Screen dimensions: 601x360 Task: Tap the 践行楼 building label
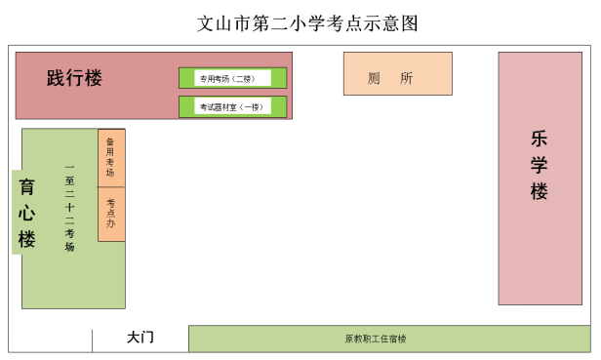(x=74, y=78)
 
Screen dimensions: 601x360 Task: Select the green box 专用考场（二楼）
(x=232, y=78)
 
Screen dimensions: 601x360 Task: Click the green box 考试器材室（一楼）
(x=232, y=106)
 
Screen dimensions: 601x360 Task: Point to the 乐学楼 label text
(x=540, y=165)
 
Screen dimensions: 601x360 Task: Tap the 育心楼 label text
(x=27, y=212)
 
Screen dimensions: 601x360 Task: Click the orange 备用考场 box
(x=111, y=158)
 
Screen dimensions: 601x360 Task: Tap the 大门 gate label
(x=140, y=338)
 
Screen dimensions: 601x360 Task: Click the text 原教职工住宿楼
(x=376, y=340)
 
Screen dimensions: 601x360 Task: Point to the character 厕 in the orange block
(x=375, y=78)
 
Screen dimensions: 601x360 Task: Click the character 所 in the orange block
(x=407, y=78)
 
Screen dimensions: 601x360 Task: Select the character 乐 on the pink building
(x=540, y=139)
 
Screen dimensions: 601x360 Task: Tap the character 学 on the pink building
(x=540, y=165)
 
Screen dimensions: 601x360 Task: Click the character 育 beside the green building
(x=27, y=185)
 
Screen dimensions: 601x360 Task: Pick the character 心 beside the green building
(x=27, y=212)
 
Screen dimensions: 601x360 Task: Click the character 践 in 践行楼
(x=56, y=78)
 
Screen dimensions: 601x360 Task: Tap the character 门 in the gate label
(x=148, y=338)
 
